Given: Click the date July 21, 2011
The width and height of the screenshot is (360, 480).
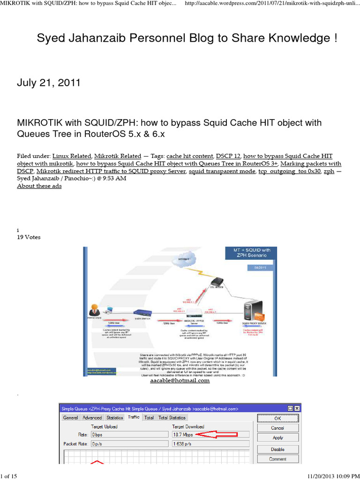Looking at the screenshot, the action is tap(49, 83).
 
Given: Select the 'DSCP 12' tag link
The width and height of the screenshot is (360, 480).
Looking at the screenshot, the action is tap(227, 156).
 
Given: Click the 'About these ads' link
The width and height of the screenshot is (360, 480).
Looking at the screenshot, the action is tap(39, 186).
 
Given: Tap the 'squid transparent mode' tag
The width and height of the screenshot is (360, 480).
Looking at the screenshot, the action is tap(222, 171).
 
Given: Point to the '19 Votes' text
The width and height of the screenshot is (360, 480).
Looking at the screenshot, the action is tap(29, 237).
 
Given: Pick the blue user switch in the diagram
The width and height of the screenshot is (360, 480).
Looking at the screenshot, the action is tap(141, 313).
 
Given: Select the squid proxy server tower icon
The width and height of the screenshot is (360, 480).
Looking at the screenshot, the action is tap(253, 312).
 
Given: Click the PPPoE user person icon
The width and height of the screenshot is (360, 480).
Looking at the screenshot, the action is tap(94, 310).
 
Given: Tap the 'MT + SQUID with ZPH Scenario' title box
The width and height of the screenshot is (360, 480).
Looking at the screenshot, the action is tap(252, 253).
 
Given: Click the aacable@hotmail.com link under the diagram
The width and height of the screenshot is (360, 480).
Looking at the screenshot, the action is tap(180, 381).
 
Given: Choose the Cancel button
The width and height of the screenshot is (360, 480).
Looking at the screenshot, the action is tap(277, 428).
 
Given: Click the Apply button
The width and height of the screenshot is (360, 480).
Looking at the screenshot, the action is tap(277, 438).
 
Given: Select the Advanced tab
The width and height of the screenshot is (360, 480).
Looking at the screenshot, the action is tap(92, 418).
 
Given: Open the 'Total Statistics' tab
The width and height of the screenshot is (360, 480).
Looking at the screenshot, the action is tap(172, 418).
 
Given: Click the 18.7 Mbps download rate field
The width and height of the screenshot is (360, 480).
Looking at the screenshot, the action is tap(182, 435).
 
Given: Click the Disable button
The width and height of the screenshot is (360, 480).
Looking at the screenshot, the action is tap(277, 449).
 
